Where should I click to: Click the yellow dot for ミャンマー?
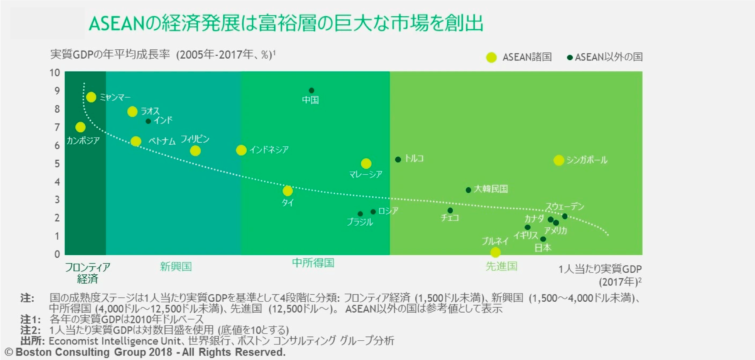coord(91,97)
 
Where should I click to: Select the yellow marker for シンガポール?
coord(559,160)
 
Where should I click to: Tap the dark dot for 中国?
coord(311,90)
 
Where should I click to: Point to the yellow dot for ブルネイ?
coord(495,252)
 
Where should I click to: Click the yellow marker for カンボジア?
coord(80,127)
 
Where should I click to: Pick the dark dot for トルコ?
coord(398,159)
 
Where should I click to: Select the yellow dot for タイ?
coord(288,191)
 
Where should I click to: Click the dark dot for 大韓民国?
coord(468,190)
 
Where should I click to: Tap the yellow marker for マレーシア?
coord(366,164)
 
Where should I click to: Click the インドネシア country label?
coord(269,150)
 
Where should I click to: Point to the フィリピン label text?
coord(195,139)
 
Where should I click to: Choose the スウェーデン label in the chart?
coord(565,206)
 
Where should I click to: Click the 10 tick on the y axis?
coord(55,73)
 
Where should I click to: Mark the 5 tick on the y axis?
coord(57,164)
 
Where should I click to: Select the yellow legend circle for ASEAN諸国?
coord(491,57)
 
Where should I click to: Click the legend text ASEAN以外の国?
coord(609,57)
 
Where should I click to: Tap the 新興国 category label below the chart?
coord(176,267)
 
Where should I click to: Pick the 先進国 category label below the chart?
coord(501,266)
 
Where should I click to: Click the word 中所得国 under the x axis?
coord(313,263)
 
